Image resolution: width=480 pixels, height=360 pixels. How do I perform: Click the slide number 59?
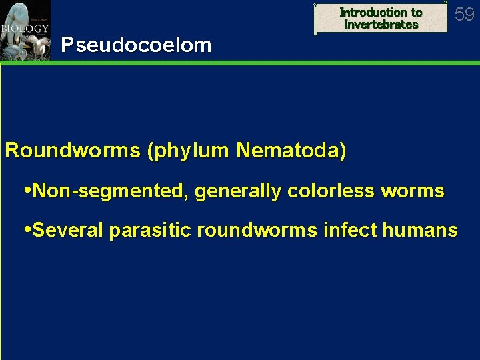click(465, 14)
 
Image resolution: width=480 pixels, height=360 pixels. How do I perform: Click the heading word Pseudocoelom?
click(136, 45)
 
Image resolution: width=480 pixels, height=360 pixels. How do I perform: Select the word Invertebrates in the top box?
click(381, 25)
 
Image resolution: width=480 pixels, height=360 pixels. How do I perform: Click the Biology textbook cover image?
click(25, 30)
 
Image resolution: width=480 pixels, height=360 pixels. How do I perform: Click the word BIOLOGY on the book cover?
click(21, 29)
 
